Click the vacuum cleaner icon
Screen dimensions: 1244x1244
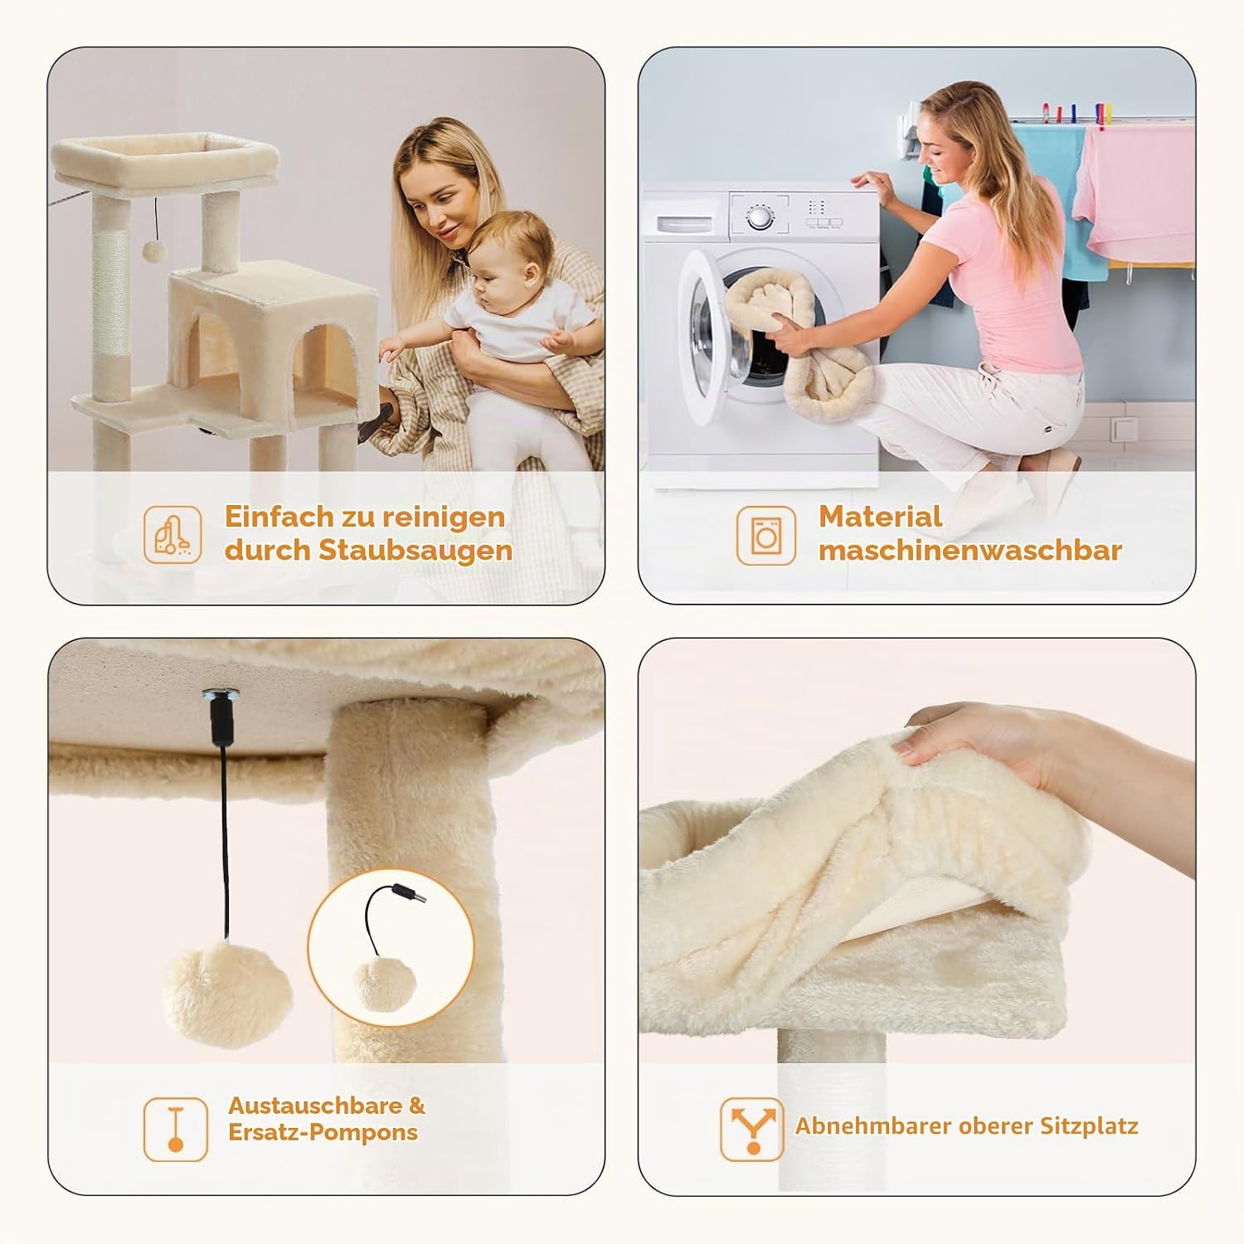(x=173, y=535)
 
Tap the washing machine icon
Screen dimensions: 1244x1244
(x=765, y=536)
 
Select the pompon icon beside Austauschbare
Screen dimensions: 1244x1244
(x=175, y=1129)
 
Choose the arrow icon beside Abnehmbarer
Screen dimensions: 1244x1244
(x=752, y=1129)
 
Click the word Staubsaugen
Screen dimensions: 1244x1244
(x=415, y=552)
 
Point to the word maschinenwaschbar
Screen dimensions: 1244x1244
(x=970, y=550)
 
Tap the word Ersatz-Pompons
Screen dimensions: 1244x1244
(x=323, y=1133)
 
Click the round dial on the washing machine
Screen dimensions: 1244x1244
(x=760, y=217)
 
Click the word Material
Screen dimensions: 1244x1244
(x=881, y=517)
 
